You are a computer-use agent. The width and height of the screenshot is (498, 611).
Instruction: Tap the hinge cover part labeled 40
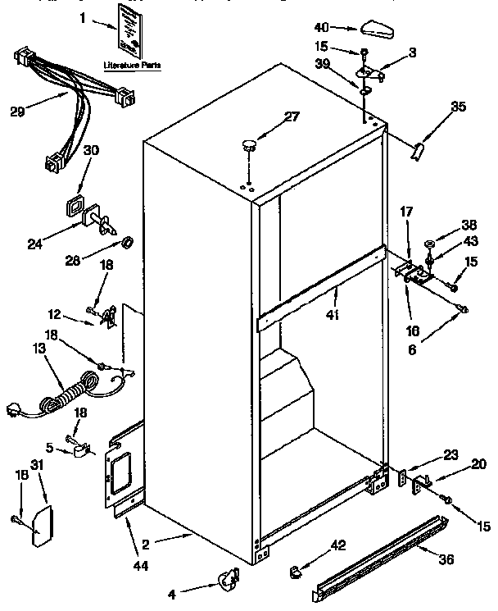pyautogui.click(x=376, y=30)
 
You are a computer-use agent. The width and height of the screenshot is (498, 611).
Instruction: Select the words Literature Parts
pyautogui.click(x=131, y=63)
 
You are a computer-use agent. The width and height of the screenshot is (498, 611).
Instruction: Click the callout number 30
pyautogui.click(x=93, y=150)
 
